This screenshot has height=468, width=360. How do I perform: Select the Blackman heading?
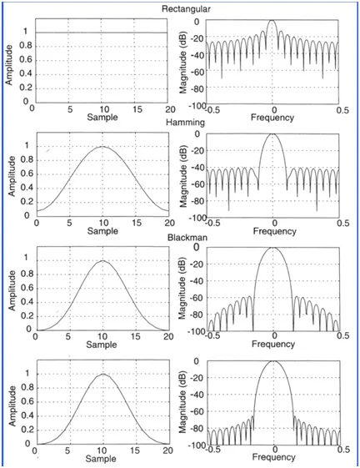coord(182,236)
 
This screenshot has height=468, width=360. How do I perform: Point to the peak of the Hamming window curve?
coord(102,147)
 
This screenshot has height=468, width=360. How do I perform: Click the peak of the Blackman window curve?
coord(102,261)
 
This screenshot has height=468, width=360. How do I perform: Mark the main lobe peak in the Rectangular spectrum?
coord(274,21)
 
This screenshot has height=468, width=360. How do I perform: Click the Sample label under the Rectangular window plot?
coord(102,118)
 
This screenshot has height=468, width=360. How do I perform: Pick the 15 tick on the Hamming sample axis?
coord(135,223)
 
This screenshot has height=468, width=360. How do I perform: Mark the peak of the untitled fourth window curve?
coord(102,375)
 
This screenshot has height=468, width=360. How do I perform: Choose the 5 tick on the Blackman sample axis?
coord(69,337)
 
